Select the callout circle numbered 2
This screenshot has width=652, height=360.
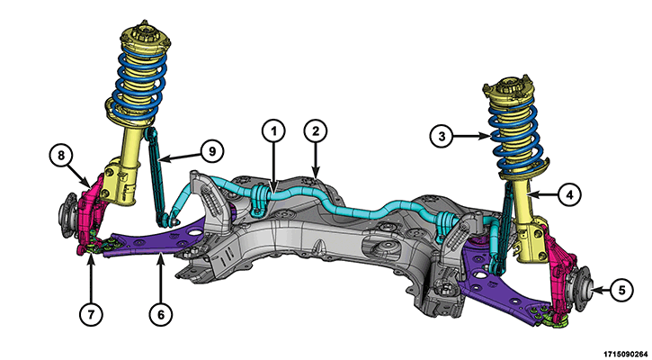315,131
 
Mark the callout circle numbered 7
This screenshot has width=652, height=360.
93,313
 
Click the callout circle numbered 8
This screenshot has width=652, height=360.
60,157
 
